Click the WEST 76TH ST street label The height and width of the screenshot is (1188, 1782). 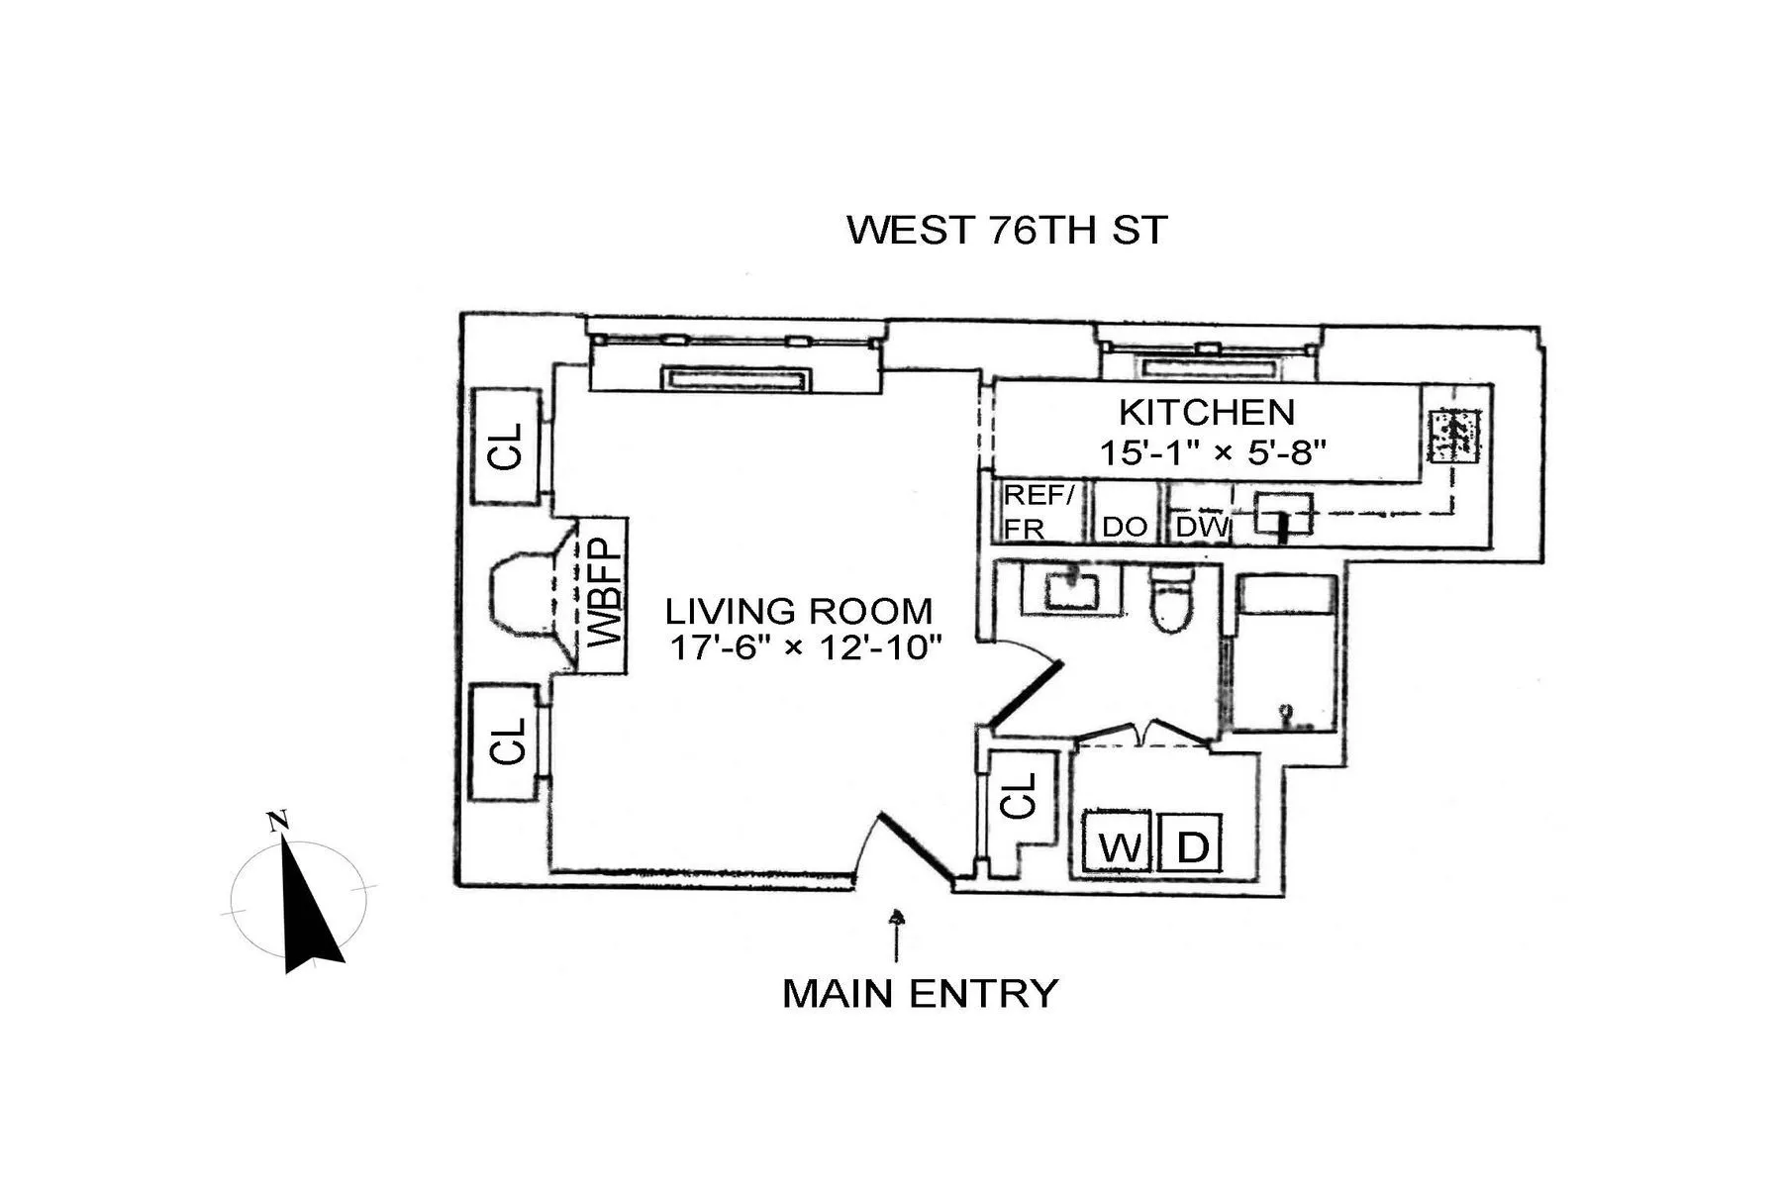pos(1007,230)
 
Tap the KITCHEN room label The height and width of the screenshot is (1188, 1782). pos(1206,412)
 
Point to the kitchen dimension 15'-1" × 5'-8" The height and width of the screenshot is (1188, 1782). pos(1212,452)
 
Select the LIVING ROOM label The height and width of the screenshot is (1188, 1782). pos(798,611)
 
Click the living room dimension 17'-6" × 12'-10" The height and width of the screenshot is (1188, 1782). pos(804,648)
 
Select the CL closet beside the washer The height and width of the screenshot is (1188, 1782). pos(1020,795)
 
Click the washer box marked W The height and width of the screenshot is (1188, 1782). pos(1118,844)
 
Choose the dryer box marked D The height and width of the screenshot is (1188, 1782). pos(1191,844)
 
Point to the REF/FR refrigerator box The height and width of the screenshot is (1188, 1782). pos(1038,512)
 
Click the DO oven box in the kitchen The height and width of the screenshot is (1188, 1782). pos(1124,526)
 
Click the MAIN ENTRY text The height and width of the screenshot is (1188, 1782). pos(920,993)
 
